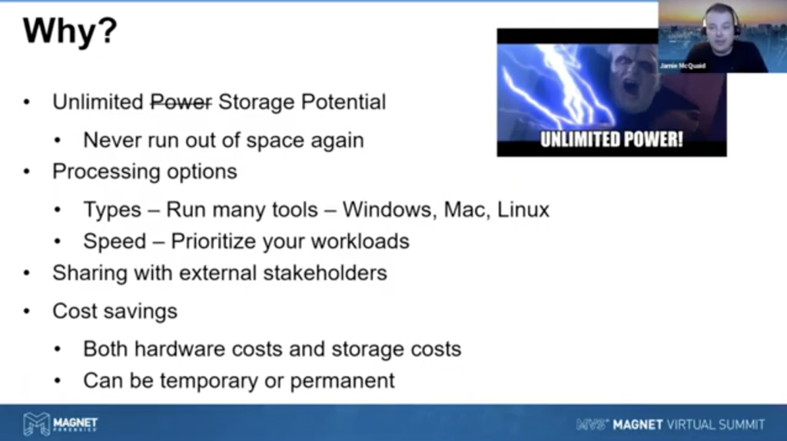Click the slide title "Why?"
coord(70,31)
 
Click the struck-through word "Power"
coord(181,102)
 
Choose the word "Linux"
coord(523,210)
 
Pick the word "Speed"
coord(115,242)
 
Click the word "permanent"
coord(342,382)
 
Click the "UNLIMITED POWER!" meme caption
coord(611,139)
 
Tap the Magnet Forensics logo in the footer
coord(60,424)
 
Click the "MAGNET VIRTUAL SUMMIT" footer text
coord(688,425)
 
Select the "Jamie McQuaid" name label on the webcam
coord(682,66)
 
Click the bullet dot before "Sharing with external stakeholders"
coord(27,274)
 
